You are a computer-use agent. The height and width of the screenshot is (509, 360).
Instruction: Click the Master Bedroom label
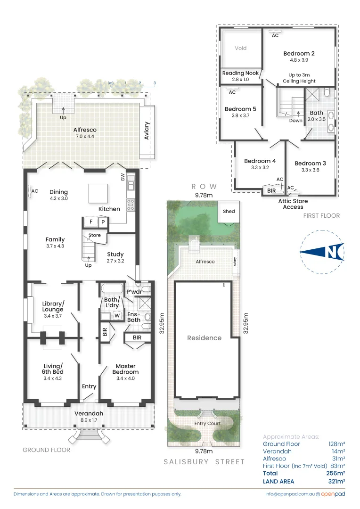(x=125, y=366)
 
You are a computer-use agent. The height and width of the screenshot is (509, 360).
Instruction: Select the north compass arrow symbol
(x=323, y=252)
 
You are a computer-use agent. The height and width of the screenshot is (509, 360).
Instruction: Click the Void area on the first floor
(x=240, y=49)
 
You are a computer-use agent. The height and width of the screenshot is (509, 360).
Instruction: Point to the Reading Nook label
(x=240, y=73)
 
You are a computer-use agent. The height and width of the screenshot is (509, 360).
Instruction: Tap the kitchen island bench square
(x=99, y=193)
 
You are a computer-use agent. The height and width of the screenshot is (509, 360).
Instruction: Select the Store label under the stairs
(x=94, y=235)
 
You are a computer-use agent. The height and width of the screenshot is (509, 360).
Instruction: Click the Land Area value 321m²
(x=336, y=481)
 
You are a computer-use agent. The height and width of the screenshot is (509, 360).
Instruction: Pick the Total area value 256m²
(x=336, y=473)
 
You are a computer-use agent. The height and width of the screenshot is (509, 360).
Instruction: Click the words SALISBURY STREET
(x=204, y=462)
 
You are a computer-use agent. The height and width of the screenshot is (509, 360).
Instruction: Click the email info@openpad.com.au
(x=289, y=494)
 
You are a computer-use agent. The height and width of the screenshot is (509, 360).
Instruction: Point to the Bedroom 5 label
(x=240, y=109)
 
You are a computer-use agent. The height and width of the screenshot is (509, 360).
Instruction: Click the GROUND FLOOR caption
(x=46, y=450)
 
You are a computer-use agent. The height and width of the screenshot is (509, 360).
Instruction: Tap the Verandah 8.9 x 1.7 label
(x=89, y=414)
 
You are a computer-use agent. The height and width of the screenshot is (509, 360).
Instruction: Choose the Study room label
(x=115, y=254)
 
